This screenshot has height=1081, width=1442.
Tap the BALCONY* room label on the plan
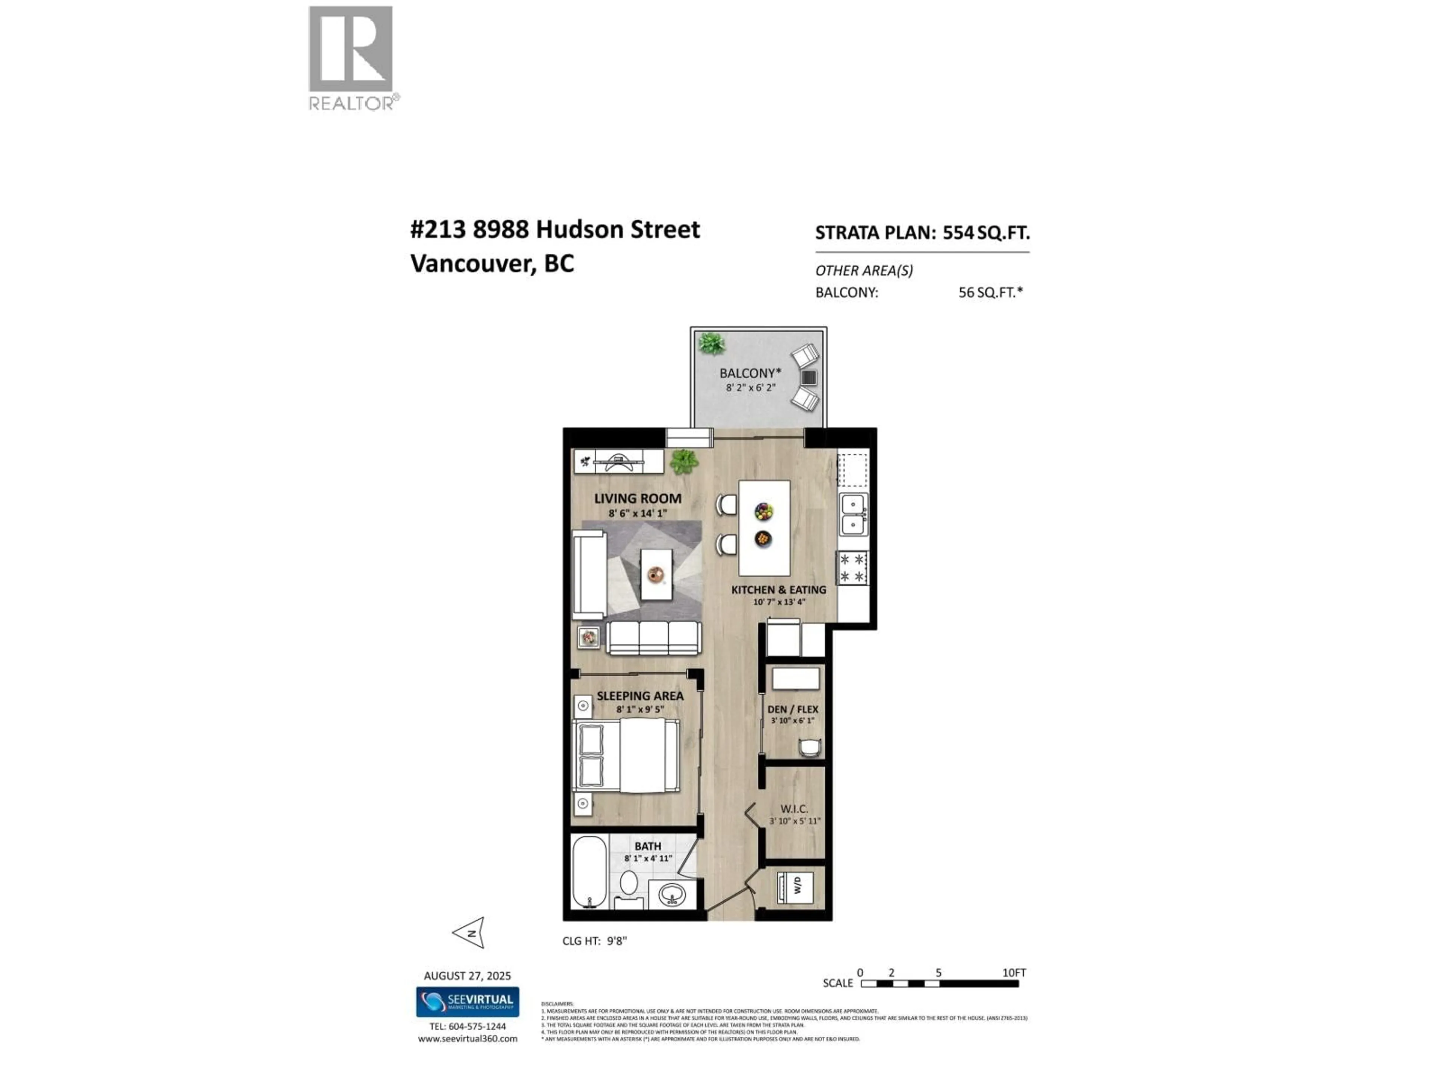coord(750,373)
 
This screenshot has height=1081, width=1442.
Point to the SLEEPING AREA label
coord(640,696)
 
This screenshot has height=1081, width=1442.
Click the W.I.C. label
coord(793,808)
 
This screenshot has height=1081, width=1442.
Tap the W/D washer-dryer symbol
coord(795,886)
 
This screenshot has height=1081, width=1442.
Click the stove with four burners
coord(852,568)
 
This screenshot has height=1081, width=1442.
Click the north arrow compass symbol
coord(469,933)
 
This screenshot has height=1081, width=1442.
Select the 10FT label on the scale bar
coord(1014,973)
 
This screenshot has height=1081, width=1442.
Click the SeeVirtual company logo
coord(468,1001)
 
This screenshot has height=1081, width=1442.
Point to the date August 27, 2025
coord(467,976)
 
